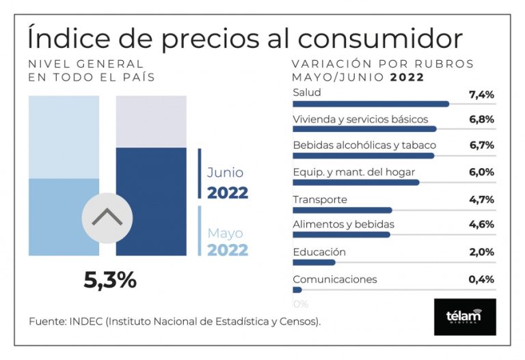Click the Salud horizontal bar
[371, 104]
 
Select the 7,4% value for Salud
[481, 94]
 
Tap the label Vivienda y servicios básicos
[360, 120]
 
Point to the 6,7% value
[481, 146]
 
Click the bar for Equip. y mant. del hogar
[355, 182]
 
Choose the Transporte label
[320, 199]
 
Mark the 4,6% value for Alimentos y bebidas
[481, 225]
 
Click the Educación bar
[314, 262]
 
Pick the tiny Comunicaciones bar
[297, 290]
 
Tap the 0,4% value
[481, 279]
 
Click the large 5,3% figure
[110, 281]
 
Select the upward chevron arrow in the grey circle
[107, 218]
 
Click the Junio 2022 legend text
[227, 182]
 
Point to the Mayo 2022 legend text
[227, 242]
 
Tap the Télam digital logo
[465, 317]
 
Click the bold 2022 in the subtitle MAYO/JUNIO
[407, 77]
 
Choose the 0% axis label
[300, 303]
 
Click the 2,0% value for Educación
[481, 252]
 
